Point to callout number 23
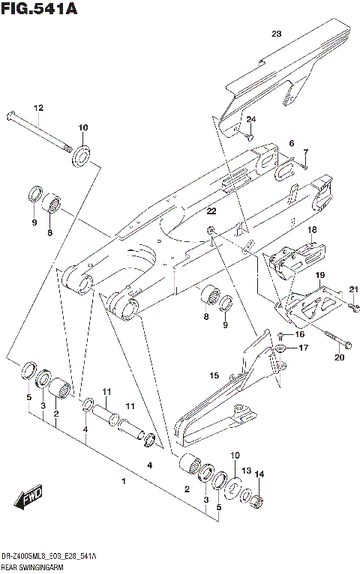[275, 34]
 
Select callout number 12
[39, 107]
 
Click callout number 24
[251, 119]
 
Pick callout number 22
[211, 211]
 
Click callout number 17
[303, 348]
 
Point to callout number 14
[261, 474]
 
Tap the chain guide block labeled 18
[292, 259]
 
